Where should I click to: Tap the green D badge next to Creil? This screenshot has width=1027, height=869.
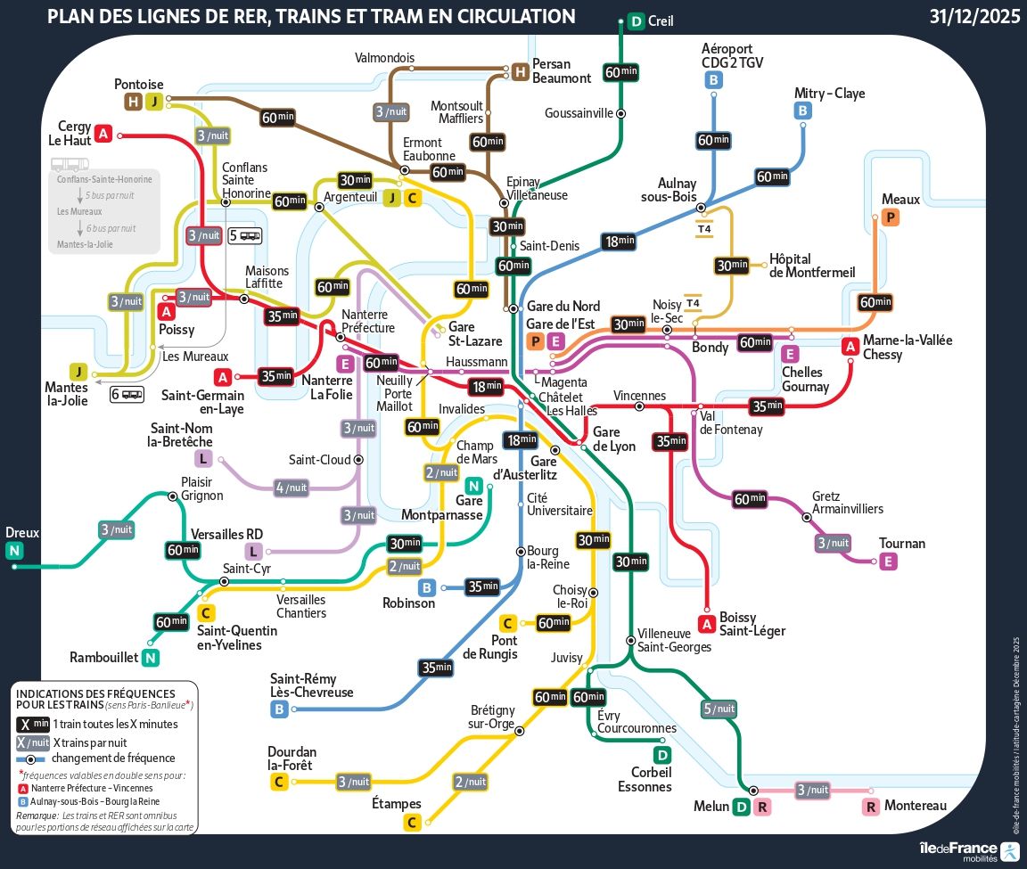pyautogui.click(x=636, y=22)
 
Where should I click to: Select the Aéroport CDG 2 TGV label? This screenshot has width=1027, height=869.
pyautogui.click(x=732, y=55)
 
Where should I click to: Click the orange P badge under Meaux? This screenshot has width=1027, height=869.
pyautogui.click(x=890, y=217)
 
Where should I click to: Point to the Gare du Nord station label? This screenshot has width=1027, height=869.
pyautogui.click(x=563, y=307)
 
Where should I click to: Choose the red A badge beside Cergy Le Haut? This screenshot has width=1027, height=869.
pyautogui.click(x=103, y=134)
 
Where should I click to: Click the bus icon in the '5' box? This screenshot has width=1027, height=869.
pyautogui.click(x=251, y=236)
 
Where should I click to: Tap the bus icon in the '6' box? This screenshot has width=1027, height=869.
pyautogui.click(x=132, y=394)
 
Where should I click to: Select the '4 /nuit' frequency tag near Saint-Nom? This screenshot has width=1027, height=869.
pyautogui.click(x=292, y=488)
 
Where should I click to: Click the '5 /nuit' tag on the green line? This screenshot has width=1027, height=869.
pyautogui.click(x=719, y=709)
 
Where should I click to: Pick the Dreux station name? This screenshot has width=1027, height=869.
pyautogui.click(x=22, y=532)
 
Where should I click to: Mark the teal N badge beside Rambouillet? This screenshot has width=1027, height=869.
pyautogui.click(x=151, y=658)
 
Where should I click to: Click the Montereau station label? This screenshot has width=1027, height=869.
pyautogui.click(x=916, y=806)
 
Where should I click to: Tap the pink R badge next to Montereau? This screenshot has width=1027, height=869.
pyautogui.click(x=871, y=807)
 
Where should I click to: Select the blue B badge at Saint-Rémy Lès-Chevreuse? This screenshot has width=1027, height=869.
pyautogui.click(x=279, y=709)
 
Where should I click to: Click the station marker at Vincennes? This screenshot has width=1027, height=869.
pyautogui.click(x=639, y=406)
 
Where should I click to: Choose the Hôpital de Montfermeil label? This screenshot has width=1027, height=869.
pyautogui.click(x=812, y=265)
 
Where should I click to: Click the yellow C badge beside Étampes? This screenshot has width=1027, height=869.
pyautogui.click(x=412, y=823)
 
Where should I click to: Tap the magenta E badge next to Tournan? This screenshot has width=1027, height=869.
pyautogui.click(x=888, y=562)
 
